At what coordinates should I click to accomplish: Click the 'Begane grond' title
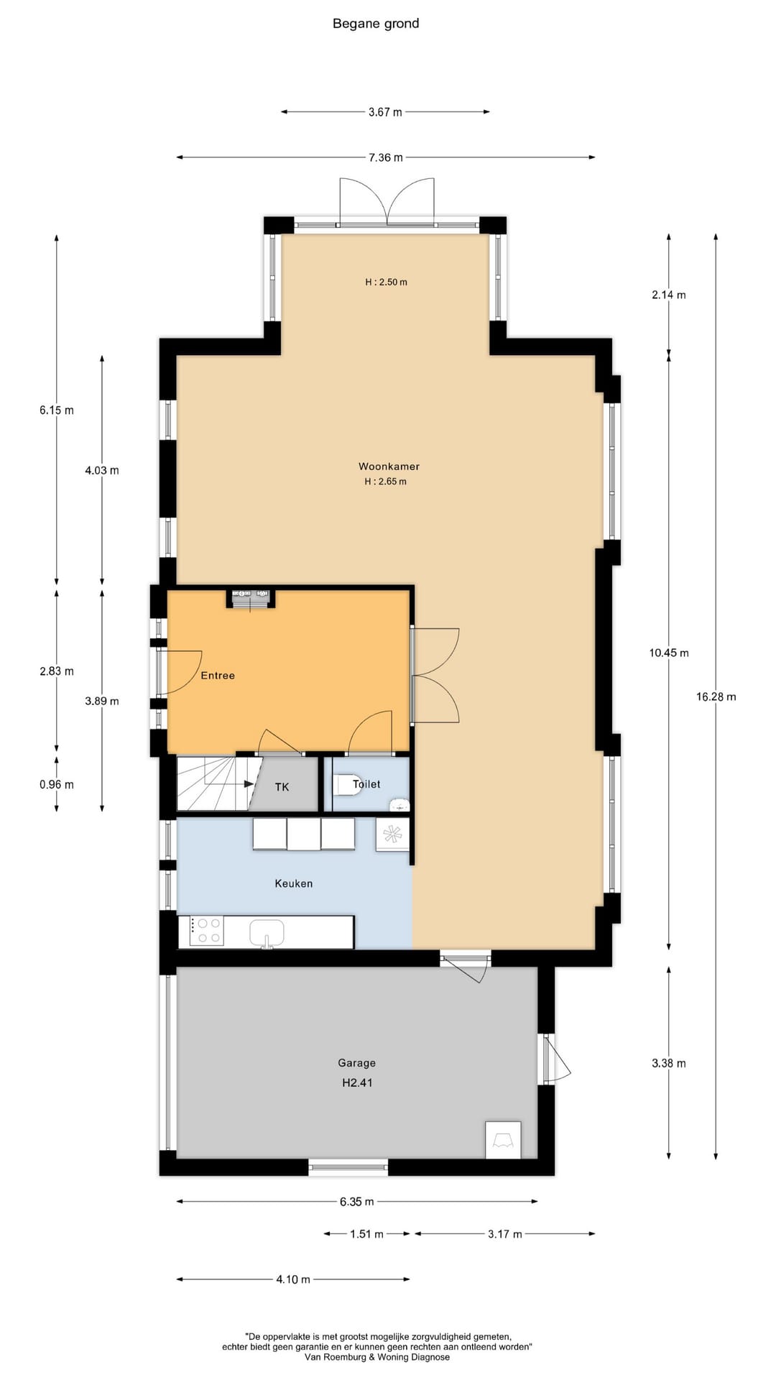click(x=376, y=24)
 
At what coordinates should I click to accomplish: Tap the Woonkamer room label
click(x=389, y=466)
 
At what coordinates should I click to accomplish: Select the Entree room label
click(x=218, y=676)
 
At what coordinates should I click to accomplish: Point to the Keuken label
click(x=293, y=883)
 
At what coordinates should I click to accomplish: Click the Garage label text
click(x=356, y=1063)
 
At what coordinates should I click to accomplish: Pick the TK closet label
click(x=282, y=787)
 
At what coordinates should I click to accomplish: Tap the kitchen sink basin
click(x=267, y=933)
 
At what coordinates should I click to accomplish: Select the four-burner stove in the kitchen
click(x=207, y=931)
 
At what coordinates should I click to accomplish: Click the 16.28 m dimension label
click(x=716, y=696)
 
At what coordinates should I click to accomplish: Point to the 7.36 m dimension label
click(x=386, y=157)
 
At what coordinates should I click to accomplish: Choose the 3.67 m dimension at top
click(x=385, y=112)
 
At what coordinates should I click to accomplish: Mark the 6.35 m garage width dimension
click(x=357, y=1201)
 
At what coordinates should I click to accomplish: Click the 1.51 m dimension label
click(x=366, y=1234)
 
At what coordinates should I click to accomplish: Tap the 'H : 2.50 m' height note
click(x=386, y=282)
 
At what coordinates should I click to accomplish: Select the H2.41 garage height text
click(x=357, y=1082)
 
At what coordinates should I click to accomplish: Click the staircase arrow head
click(x=249, y=784)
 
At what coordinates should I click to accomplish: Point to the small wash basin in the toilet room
click(x=399, y=805)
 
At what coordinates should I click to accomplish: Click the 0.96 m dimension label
click(x=57, y=785)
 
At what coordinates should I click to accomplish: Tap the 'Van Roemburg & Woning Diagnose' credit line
click(x=377, y=1357)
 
